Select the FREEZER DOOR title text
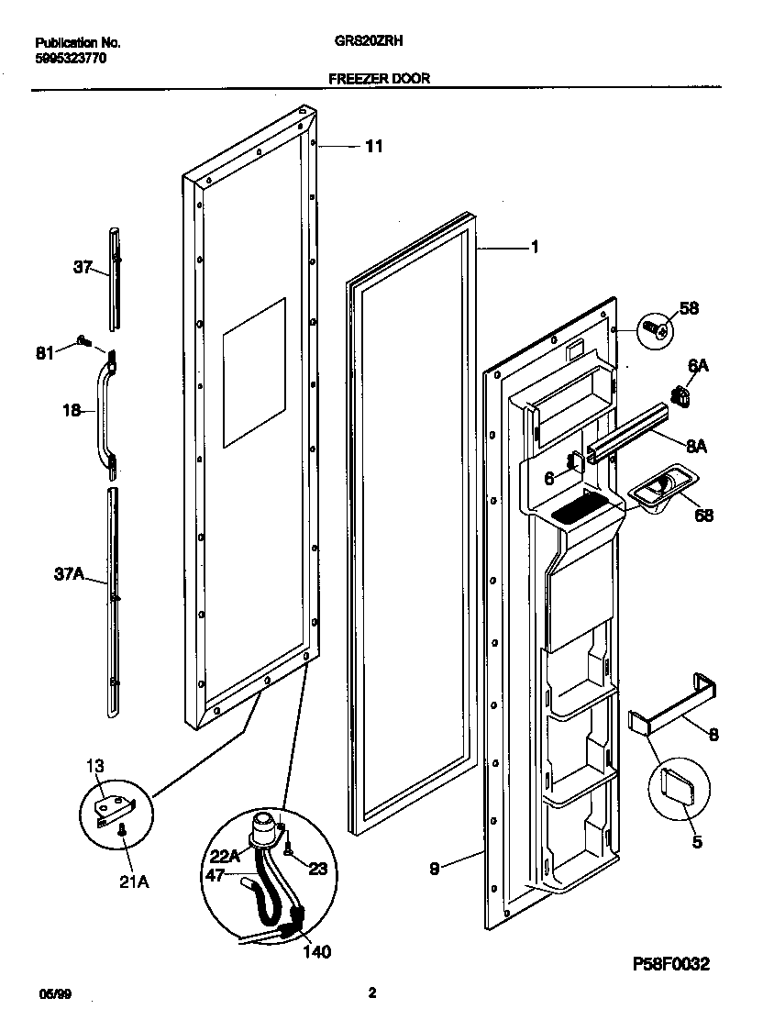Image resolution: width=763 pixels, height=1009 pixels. pos(379,79)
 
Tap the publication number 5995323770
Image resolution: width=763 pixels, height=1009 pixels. pos(71,57)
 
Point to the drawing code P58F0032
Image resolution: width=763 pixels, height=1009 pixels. pos(671,964)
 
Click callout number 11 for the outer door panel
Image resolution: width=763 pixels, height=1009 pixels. pos(374,146)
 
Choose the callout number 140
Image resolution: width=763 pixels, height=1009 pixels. pos(316,951)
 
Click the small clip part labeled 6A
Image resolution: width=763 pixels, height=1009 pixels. pos(680,395)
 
